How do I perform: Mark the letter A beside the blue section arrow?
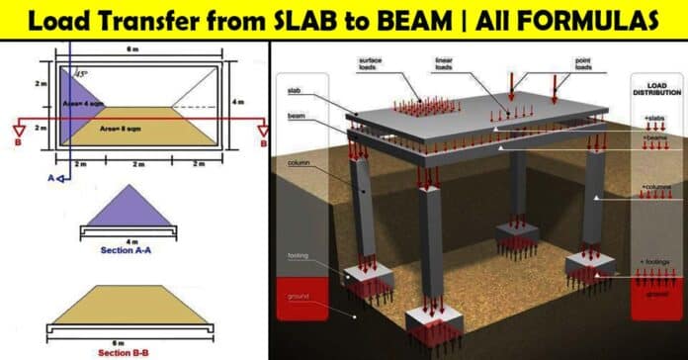point(47,178)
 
